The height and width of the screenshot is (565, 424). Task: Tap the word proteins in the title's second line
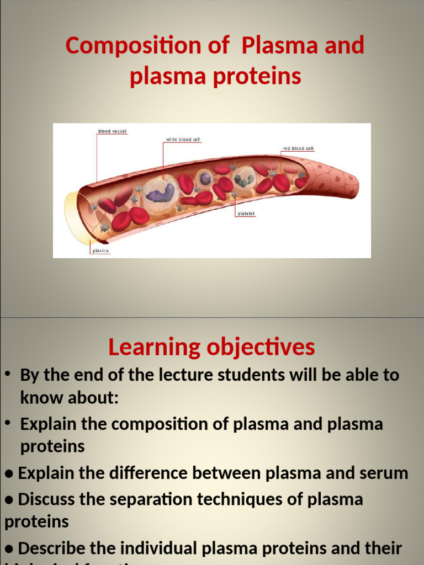[264, 76]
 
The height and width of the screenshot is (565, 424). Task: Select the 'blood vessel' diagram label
[112, 131]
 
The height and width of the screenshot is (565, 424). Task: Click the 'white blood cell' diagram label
[182, 140]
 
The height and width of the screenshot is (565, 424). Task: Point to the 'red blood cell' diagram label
[298, 148]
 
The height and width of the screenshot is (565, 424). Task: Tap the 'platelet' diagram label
[246, 213]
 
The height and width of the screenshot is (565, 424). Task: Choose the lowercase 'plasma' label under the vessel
[100, 251]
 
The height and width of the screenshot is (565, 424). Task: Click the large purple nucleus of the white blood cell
[161, 193]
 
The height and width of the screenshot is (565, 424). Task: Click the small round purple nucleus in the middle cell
[205, 178]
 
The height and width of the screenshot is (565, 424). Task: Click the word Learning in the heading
[154, 347]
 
